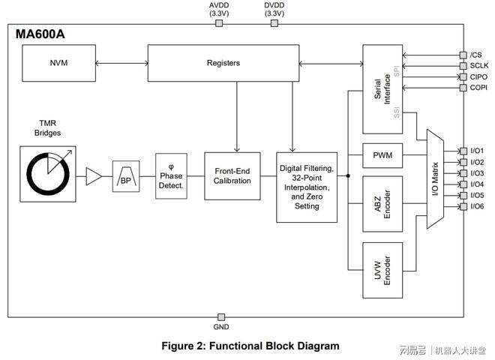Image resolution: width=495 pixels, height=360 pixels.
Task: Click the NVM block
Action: [x=59, y=63]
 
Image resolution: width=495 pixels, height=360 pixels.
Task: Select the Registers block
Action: [x=223, y=63]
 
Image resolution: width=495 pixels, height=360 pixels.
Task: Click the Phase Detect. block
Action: [x=171, y=175]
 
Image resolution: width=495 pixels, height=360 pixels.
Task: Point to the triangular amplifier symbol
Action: [x=93, y=176]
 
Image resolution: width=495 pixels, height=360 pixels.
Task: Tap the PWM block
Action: [x=382, y=156]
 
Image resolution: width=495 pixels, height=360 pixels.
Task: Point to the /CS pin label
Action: [x=476, y=55]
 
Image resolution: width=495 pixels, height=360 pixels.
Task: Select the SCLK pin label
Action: [x=478, y=66]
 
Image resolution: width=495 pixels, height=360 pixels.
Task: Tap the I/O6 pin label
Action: [x=478, y=206]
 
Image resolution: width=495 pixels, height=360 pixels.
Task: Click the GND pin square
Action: [x=221, y=317]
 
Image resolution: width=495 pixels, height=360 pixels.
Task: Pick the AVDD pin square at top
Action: [x=219, y=23]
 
